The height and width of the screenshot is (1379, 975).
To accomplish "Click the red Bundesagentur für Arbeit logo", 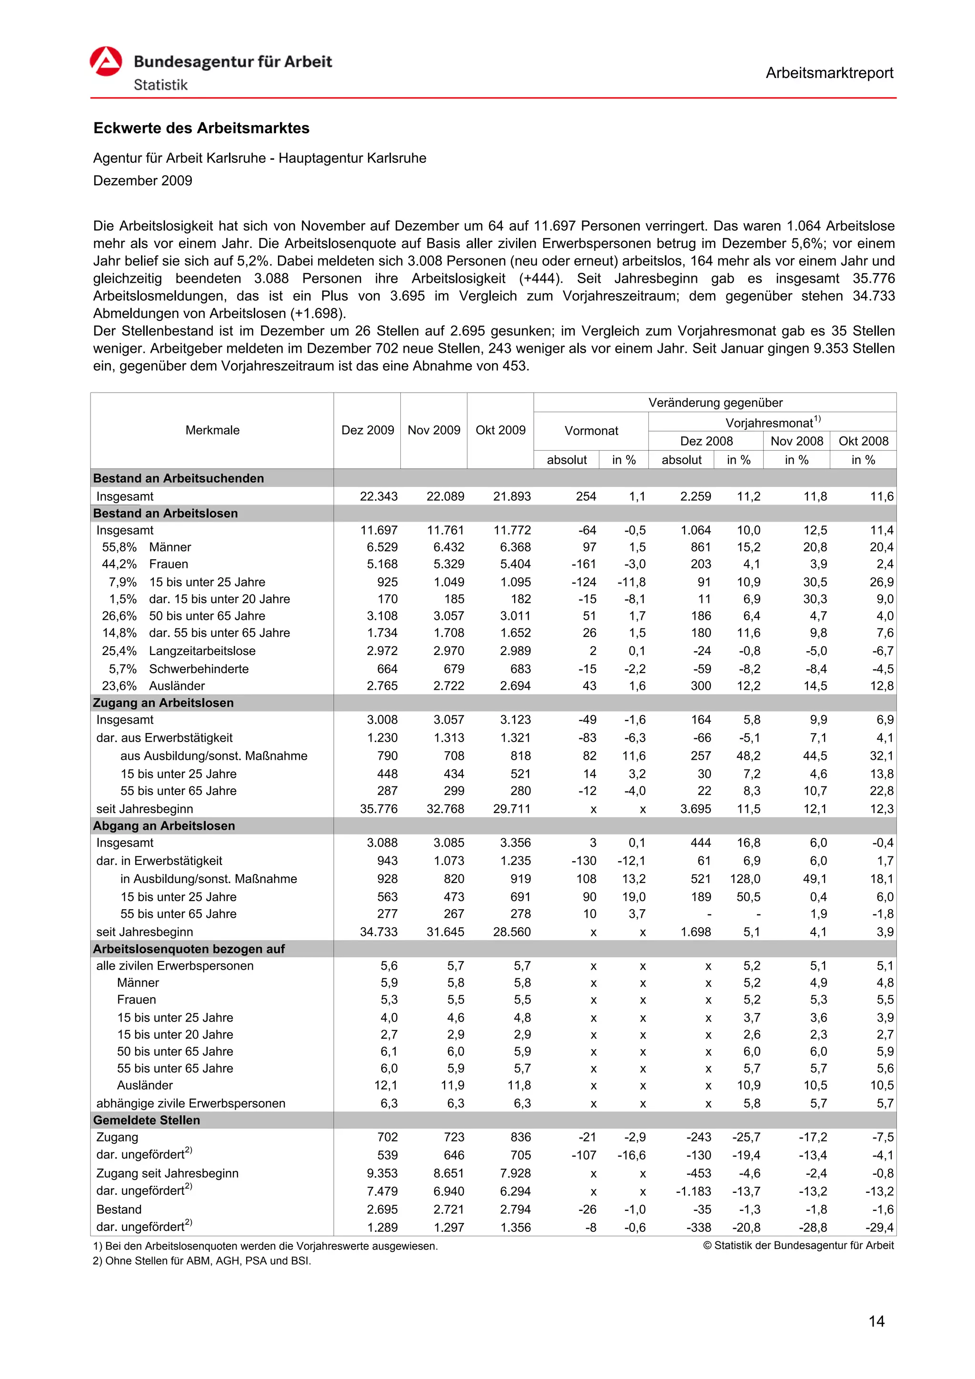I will click(x=106, y=61).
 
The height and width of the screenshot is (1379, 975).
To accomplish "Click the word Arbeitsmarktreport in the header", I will click(x=829, y=73).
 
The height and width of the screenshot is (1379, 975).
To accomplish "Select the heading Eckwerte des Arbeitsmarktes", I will click(x=201, y=128).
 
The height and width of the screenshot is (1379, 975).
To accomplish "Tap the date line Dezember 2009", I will click(x=142, y=181).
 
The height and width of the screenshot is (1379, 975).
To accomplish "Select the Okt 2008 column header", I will click(x=863, y=441).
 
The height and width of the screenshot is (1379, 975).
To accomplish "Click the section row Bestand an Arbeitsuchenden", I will click(x=179, y=478).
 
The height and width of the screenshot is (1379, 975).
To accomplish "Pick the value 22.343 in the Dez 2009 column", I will click(x=378, y=496).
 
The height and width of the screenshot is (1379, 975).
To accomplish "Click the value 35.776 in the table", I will click(x=378, y=809).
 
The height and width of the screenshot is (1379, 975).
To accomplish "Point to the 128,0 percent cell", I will click(x=745, y=879).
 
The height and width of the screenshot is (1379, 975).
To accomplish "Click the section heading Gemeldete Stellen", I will click(x=147, y=1120).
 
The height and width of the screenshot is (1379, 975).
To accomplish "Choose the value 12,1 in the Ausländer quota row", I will click(x=385, y=1085).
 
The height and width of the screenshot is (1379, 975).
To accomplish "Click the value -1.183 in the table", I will click(x=693, y=1191).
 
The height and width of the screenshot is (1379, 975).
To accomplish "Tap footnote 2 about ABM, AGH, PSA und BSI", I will click(x=202, y=1260).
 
